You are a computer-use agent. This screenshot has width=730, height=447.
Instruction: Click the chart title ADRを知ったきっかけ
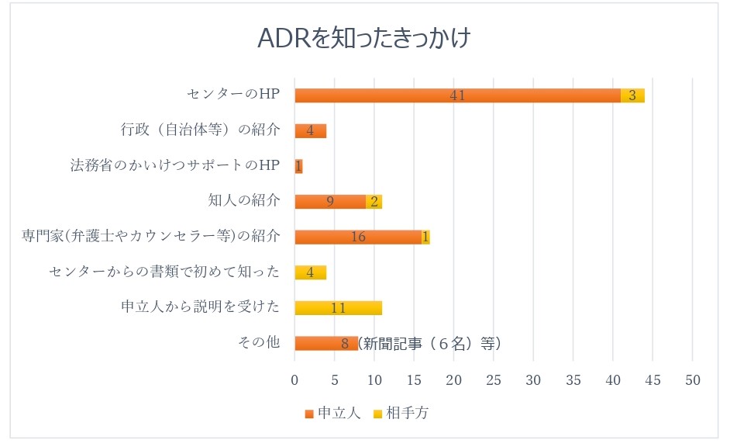pos(364,39)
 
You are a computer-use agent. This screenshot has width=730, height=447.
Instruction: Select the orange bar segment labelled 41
pos(457,95)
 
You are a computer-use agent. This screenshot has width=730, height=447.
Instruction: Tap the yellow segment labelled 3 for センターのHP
pos(632,95)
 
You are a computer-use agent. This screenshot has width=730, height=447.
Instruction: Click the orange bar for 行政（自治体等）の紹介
pos(310,130)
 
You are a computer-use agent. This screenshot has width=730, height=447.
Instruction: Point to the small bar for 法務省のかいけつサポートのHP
pos(298,166)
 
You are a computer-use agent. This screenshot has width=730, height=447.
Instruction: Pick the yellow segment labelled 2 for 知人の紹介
pos(374,202)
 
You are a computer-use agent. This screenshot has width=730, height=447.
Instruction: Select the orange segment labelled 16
pos(358,237)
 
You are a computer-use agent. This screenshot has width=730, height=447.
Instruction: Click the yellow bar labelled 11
pos(338,307)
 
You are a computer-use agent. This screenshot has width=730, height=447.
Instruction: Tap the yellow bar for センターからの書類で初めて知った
pos(310,272)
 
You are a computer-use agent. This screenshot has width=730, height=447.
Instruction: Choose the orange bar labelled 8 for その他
pos(325,343)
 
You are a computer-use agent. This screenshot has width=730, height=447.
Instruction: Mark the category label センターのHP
pos(232,95)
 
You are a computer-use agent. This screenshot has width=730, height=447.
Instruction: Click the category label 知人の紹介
pos(243,201)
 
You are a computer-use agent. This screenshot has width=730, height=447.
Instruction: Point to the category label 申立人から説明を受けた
pos(199,307)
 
